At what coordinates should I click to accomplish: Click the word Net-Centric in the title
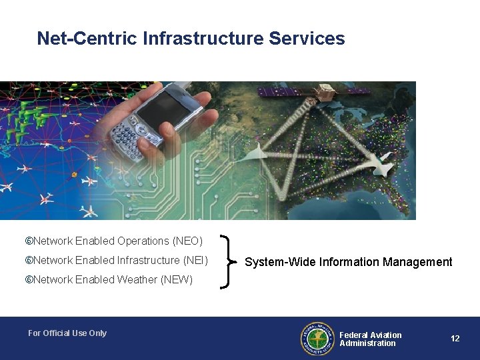[87, 39]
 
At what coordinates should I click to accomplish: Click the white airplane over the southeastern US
[383, 164]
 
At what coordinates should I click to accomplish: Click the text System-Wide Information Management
[348, 262]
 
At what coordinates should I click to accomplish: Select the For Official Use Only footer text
[67, 333]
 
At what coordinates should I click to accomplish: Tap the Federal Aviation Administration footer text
[370, 339]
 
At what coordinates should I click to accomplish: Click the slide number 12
[455, 339]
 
